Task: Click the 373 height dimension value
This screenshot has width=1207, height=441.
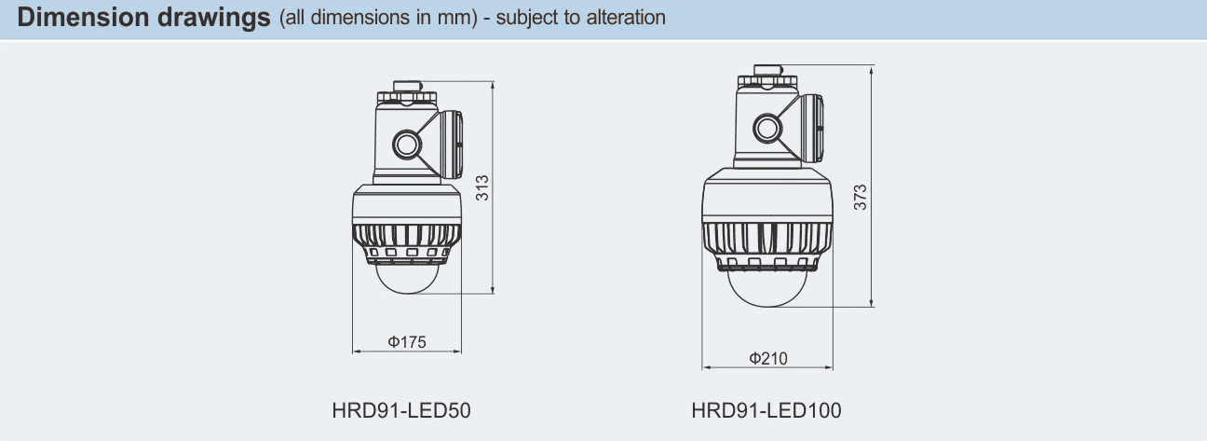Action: (861, 197)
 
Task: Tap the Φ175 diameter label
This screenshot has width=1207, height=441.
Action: (407, 342)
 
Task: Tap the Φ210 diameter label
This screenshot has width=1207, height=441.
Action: (767, 358)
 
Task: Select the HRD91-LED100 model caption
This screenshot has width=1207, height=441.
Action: (766, 410)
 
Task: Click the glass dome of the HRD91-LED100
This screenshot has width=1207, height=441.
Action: (767, 288)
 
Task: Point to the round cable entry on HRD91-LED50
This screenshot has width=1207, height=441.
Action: (406, 144)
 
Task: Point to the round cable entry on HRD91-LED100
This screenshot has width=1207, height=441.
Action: (766, 127)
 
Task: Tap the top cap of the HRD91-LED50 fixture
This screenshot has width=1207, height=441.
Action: (407, 87)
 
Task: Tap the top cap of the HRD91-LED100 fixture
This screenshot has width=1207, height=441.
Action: (767, 69)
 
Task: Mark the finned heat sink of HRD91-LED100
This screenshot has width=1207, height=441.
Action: (767, 243)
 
